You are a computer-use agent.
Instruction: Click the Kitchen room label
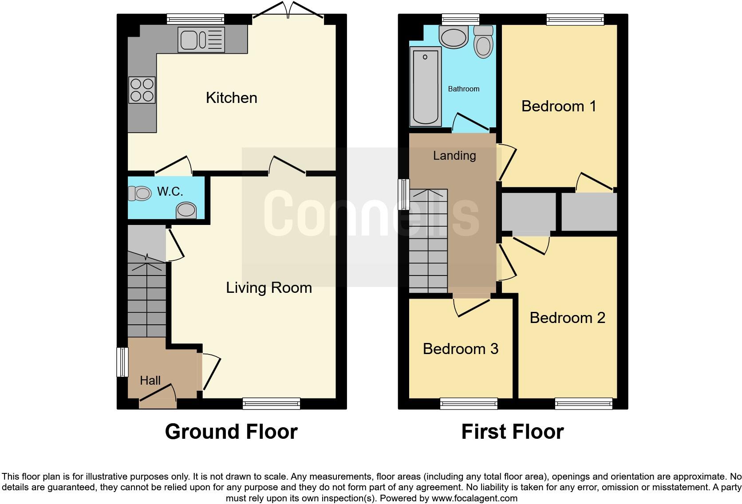pos(231,98)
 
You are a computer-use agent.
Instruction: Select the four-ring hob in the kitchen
pos(142,90)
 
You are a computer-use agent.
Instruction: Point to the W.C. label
pos(170,192)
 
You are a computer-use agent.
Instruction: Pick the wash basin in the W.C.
pos(186,211)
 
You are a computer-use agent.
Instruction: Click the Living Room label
pos(268,287)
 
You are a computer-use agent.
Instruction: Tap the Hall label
pos(150,380)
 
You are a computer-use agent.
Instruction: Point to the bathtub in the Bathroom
pos(426,87)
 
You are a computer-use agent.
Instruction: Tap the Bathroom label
pos(463,89)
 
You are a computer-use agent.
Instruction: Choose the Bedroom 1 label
pos(559,106)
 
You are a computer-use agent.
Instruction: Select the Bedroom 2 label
pos(567,318)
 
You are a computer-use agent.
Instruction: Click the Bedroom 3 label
pos(461,349)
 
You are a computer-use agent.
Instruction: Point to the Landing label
pos(454,155)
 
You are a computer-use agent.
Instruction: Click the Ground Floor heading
pos(231,431)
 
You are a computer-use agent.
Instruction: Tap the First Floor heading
pos(513,431)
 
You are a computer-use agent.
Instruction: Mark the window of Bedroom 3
pos(469,403)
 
